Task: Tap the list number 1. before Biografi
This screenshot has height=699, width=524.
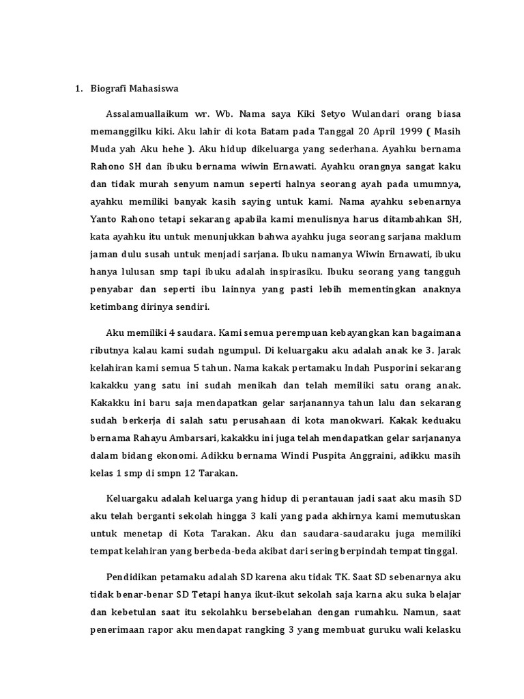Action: coord(78,88)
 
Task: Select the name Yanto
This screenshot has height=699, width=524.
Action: coord(104,218)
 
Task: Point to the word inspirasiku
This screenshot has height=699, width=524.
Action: coord(287,272)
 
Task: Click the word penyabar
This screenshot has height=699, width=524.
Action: coord(111,289)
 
